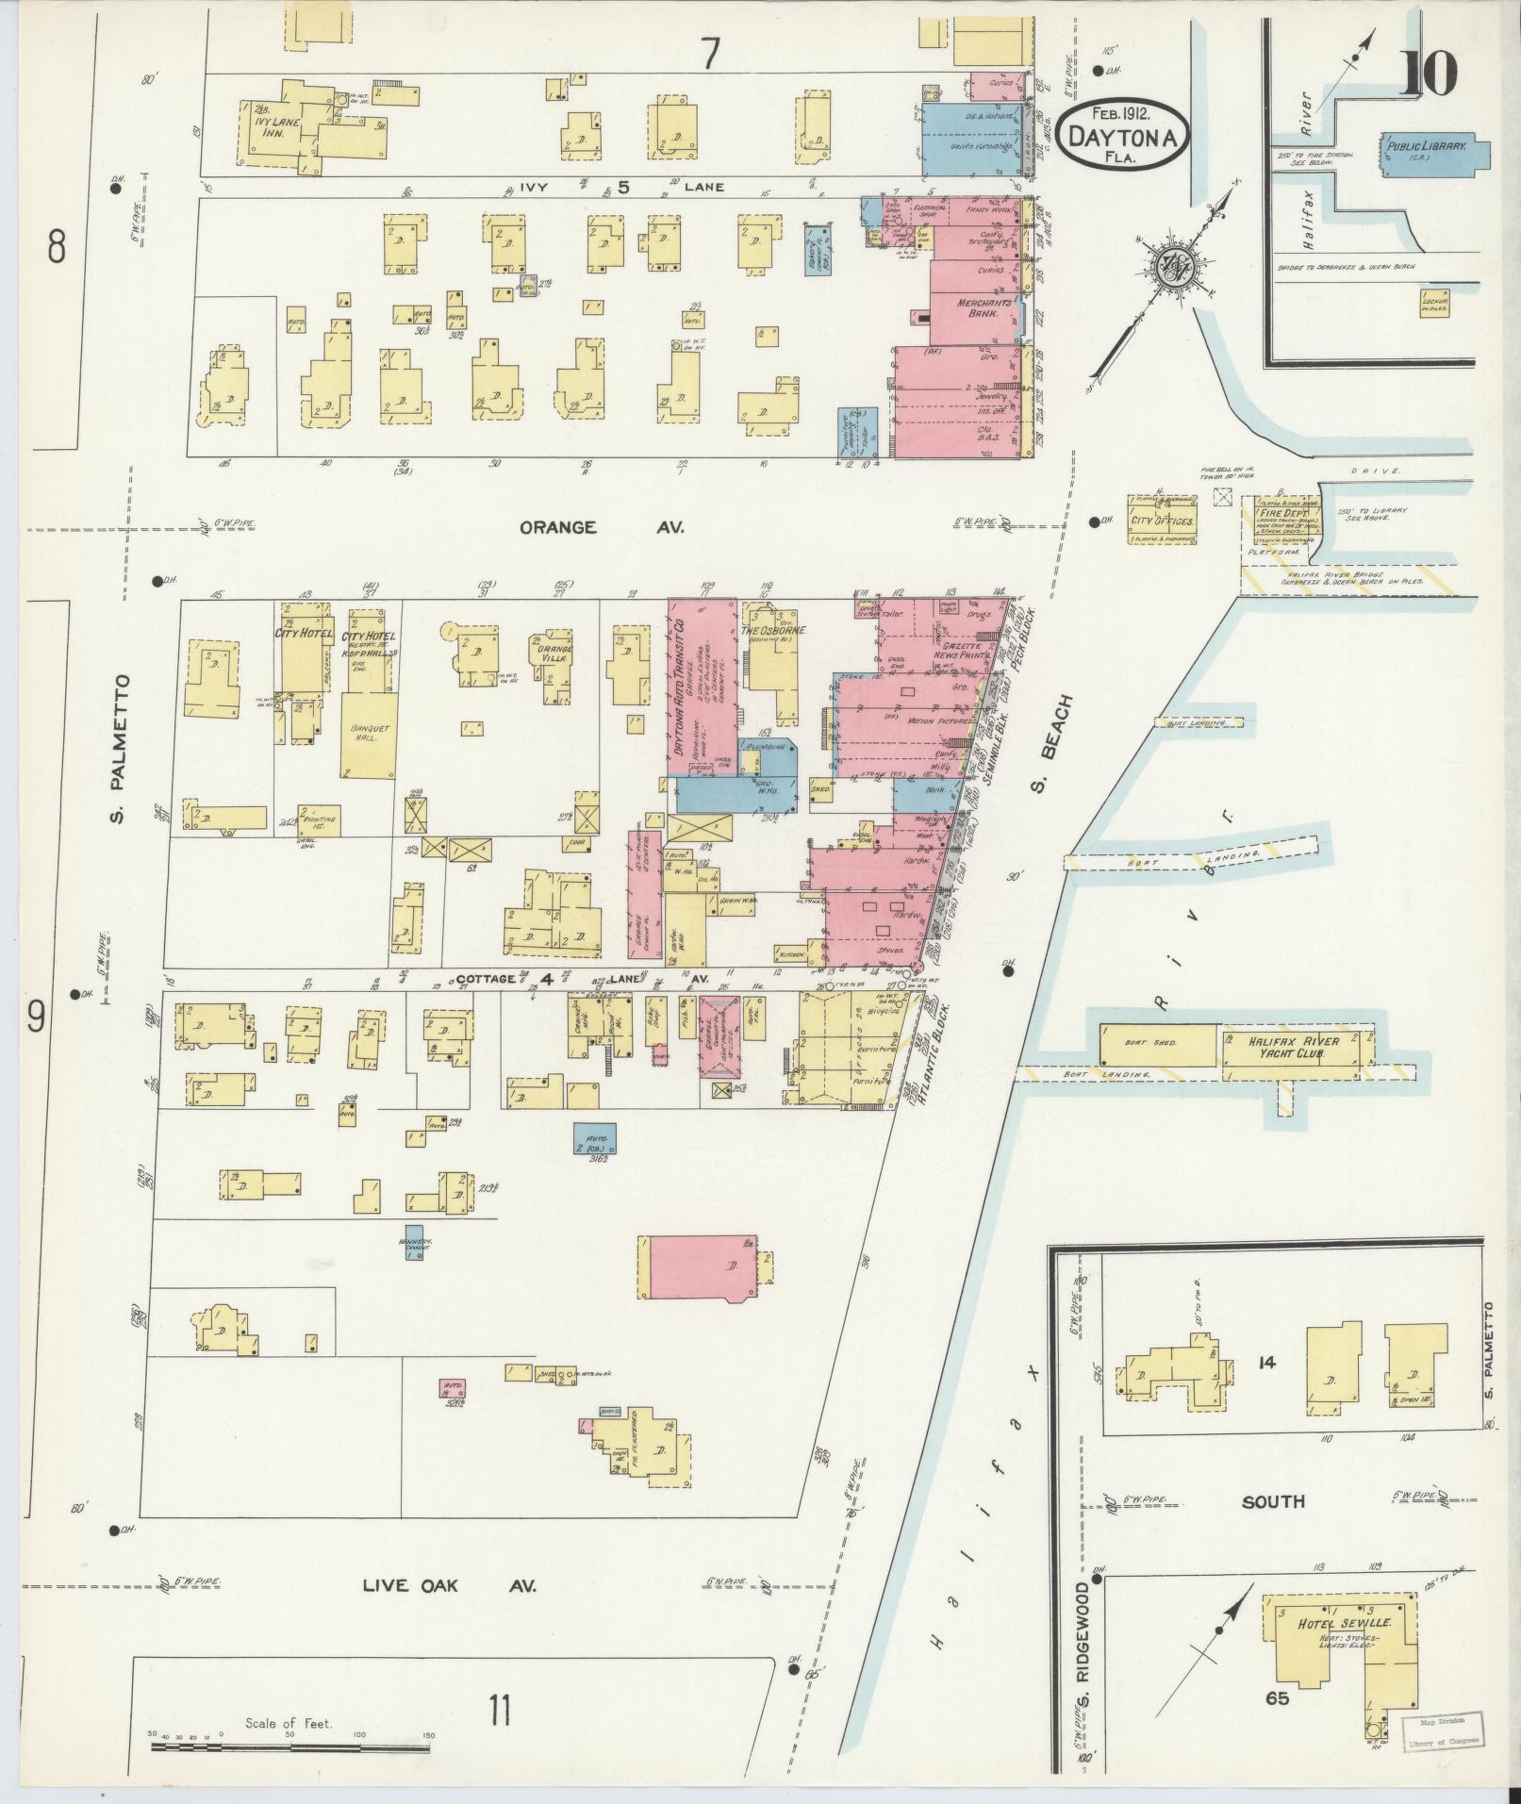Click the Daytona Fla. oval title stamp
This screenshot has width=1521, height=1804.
click(x=1122, y=135)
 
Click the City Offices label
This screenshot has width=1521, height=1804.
click(x=1161, y=521)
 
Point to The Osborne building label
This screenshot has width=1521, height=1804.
click(x=776, y=630)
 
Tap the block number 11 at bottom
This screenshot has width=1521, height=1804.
click(x=499, y=1709)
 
